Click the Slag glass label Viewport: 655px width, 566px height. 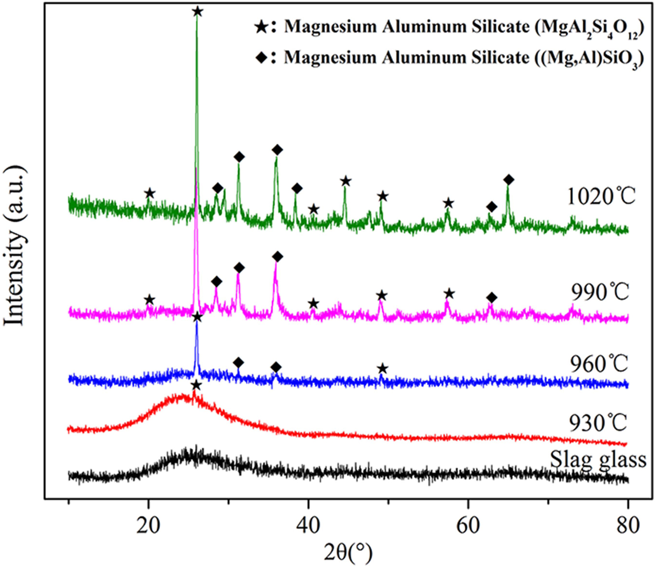click(598, 459)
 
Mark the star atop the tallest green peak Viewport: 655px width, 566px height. click(198, 11)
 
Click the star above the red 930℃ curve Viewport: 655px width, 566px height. click(196, 386)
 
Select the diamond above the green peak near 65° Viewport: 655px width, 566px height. click(509, 180)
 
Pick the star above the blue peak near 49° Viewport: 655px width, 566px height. click(383, 369)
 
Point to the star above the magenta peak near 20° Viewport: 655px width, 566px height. click(149, 299)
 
